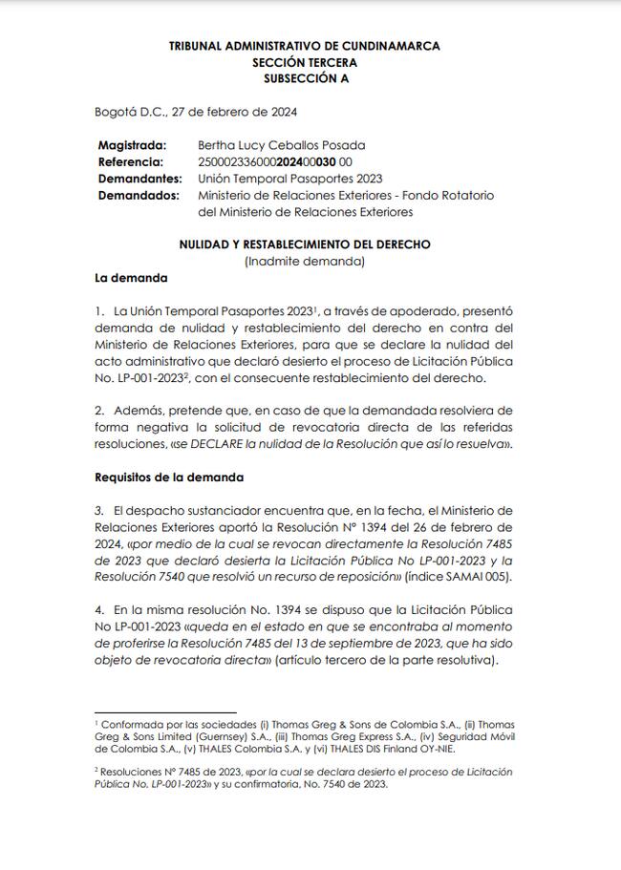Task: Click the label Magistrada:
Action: point(132,145)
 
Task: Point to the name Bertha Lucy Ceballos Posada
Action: point(281,145)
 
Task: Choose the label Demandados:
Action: point(139,195)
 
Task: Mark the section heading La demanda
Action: point(131,278)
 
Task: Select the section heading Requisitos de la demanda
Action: point(169,477)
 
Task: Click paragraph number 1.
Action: point(98,311)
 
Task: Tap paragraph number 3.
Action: point(98,509)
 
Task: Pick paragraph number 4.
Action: point(98,608)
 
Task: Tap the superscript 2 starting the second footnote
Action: point(96,768)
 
